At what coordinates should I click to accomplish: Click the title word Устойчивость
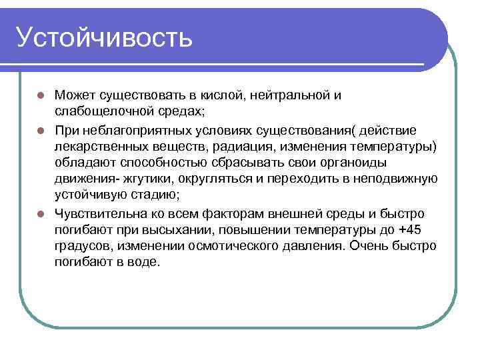105,38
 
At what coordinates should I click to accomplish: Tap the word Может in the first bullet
74,95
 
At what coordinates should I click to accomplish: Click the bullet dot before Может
40,95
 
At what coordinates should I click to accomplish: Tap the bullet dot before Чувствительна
40,214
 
